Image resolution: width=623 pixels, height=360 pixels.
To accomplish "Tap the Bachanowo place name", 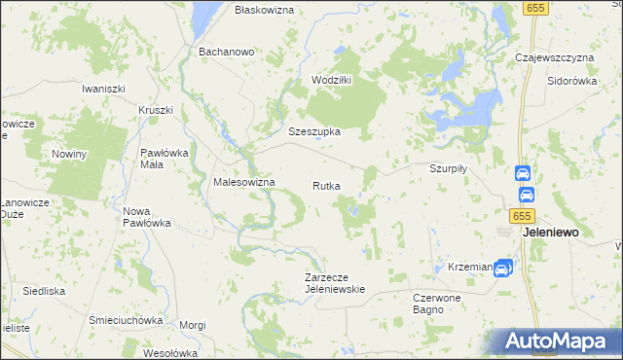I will (x=226, y=51).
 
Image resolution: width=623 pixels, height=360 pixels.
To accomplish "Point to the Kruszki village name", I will (x=156, y=110).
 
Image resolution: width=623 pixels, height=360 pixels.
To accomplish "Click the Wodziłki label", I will (x=331, y=80).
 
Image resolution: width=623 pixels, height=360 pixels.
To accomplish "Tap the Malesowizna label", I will (x=244, y=182).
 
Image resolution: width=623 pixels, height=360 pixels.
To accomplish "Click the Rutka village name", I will (x=326, y=185).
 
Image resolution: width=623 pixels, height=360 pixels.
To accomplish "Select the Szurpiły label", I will (x=450, y=167).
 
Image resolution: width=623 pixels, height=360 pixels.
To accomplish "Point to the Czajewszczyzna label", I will (x=554, y=57).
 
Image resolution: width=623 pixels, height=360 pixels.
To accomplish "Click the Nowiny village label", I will (x=70, y=154).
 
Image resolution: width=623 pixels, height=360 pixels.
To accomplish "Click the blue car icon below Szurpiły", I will (x=523, y=174).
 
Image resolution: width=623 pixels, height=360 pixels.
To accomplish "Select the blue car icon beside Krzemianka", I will (x=502, y=267).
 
